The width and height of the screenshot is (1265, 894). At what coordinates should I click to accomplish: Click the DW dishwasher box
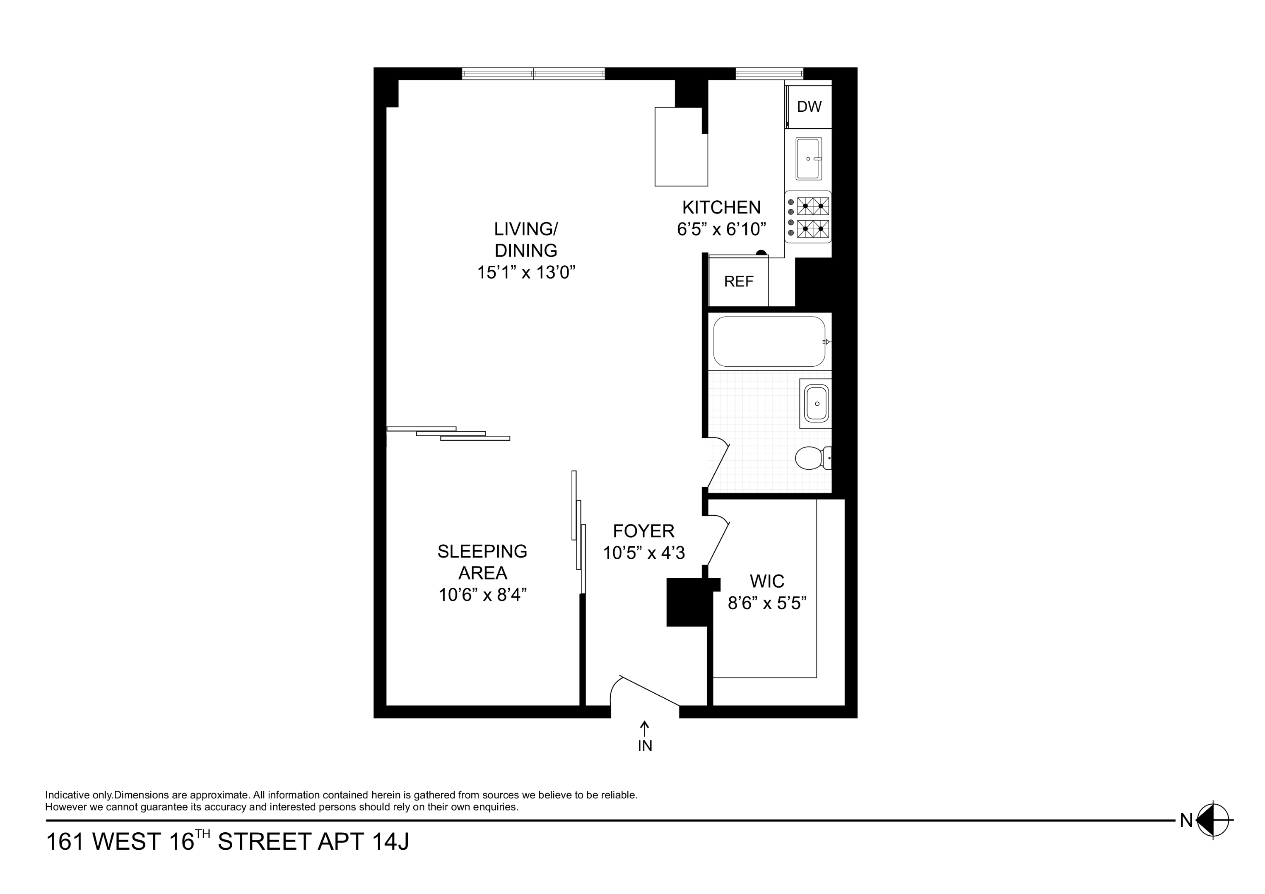click(809, 107)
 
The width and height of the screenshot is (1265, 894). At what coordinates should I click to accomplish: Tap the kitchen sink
click(808, 159)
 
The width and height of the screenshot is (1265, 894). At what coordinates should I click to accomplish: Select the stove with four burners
click(808, 217)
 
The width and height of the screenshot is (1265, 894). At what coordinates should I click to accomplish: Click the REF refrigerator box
click(738, 281)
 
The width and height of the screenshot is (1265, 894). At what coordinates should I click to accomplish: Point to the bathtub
click(769, 341)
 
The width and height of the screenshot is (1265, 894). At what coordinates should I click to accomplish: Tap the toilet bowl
click(809, 458)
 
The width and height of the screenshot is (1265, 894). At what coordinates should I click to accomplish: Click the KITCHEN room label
click(721, 208)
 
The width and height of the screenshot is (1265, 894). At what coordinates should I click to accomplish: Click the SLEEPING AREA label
click(482, 562)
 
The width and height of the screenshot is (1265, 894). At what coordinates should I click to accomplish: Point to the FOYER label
click(643, 531)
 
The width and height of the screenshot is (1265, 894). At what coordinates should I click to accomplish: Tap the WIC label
click(767, 581)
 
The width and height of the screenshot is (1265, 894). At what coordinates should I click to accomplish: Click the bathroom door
click(718, 466)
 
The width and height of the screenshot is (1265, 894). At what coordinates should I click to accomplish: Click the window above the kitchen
click(769, 73)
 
